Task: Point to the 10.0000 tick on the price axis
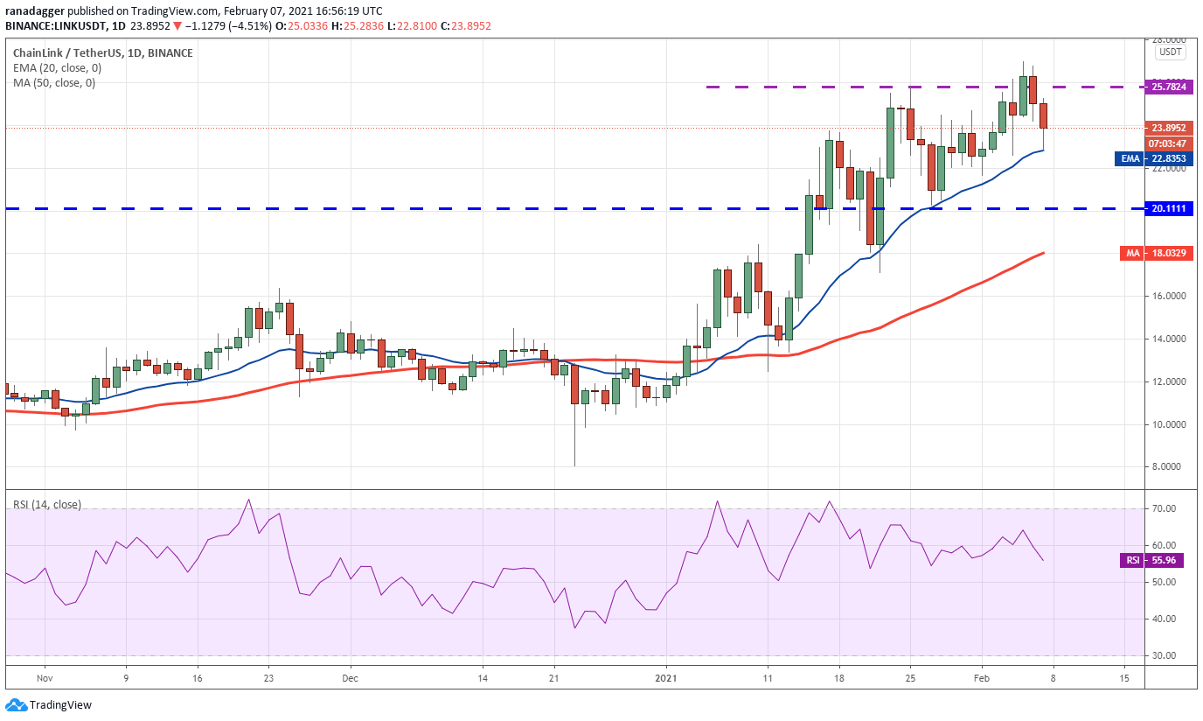[x=1170, y=424]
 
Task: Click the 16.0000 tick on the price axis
[x=1170, y=296]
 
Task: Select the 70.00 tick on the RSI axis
[x=1164, y=508]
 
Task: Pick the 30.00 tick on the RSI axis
[x=1164, y=655]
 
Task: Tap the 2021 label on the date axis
[x=666, y=677]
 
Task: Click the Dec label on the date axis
[x=350, y=677]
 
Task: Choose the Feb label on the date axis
[x=981, y=677]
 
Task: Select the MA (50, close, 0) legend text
[x=53, y=83]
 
